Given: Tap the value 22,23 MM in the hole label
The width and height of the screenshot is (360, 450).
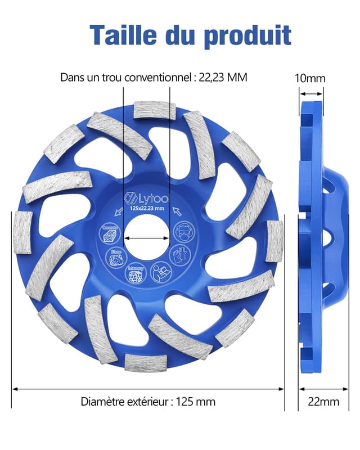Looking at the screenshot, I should pyautogui.click(x=223, y=77).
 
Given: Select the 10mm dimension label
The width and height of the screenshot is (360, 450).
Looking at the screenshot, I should pyautogui.click(x=310, y=78).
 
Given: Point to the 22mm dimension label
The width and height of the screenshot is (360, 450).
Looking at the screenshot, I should pyautogui.click(x=323, y=402).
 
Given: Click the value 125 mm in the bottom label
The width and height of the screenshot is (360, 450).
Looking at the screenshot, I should pyautogui.click(x=196, y=402).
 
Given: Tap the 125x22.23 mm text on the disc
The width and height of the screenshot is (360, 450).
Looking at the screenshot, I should pyautogui.click(x=147, y=209).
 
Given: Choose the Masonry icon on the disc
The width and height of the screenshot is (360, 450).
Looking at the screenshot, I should pyautogui.click(x=135, y=273).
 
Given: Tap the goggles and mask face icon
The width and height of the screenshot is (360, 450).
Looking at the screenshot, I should pyautogui.click(x=183, y=231).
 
